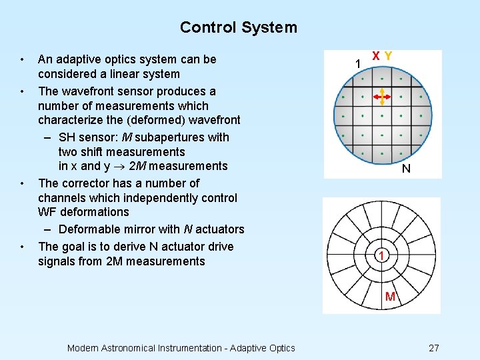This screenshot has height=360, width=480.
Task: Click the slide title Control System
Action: point(238,27)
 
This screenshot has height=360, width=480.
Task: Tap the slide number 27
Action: point(433,348)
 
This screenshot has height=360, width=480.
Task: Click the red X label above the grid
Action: point(377,57)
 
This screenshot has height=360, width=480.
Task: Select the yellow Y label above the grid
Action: point(388,57)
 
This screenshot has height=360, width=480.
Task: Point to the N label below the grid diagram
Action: point(406,169)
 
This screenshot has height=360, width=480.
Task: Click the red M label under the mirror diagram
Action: point(390,296)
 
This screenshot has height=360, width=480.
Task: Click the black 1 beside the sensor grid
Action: point(358,63)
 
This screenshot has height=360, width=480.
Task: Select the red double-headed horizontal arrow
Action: point(381,98)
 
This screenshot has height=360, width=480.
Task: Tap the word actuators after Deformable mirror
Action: point(220,229)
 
